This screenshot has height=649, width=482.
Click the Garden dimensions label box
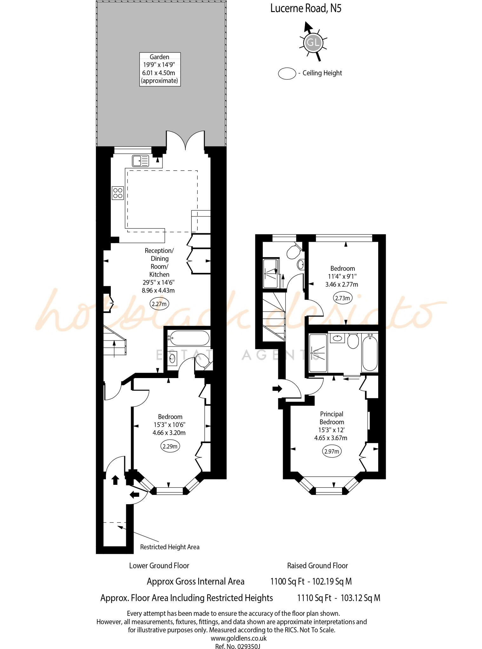[160, 69]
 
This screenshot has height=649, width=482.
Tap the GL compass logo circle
[313, 42]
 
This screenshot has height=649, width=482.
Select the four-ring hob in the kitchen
[118, 193]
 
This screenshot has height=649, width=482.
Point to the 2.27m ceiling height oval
[159, 304]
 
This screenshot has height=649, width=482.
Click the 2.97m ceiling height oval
[332, 451]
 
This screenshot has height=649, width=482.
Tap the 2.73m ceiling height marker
[342, 298]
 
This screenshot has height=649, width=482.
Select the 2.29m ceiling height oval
[170, 446]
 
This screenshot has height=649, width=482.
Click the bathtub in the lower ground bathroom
[189, 338]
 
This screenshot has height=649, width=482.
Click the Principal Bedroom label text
[332, 418]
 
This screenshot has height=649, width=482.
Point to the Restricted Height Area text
[170, 547]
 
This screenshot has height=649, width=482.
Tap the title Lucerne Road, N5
[306, 9]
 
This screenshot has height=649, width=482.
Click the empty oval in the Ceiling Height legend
[287, 74]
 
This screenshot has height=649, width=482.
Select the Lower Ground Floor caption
[159, 566]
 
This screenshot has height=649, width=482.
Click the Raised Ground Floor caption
[317, 566]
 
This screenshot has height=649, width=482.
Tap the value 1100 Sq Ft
[287, 582]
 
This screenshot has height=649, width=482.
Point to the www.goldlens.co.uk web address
[239, 638]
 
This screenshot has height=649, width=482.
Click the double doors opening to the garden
[185, 141]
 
